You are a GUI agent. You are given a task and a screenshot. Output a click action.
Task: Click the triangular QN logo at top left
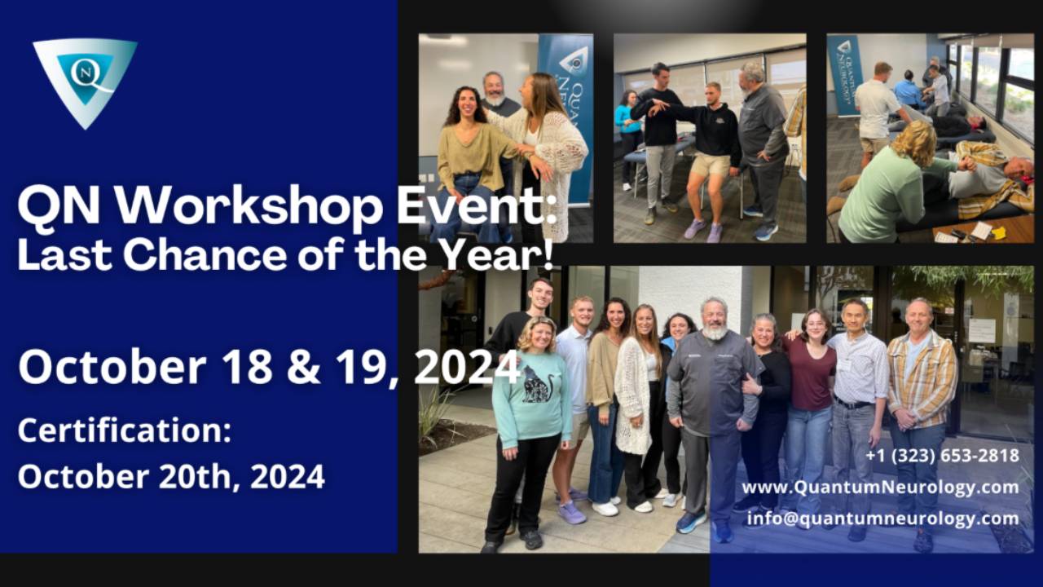coord(85,77)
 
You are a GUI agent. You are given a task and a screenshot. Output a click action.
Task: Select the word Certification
coord(124,431)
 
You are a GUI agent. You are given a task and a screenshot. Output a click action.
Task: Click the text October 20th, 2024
coord(171,476)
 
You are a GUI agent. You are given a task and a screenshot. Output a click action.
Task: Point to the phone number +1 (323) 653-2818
coord(942,456)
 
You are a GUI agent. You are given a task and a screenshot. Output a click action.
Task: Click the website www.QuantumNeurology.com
coord(880,488)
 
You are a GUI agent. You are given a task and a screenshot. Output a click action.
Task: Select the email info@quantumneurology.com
coord(883,519)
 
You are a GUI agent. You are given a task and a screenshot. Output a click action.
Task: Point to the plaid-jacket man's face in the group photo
coord(920,314)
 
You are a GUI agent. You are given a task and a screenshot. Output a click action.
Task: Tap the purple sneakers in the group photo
coord(573,512)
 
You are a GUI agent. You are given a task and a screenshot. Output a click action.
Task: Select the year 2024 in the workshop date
coord(467,367)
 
